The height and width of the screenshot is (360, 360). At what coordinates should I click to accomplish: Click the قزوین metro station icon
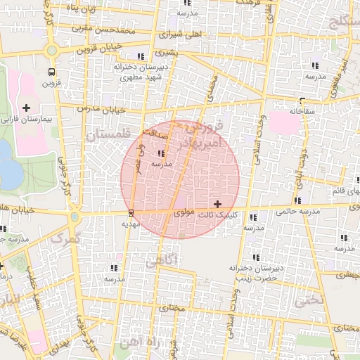[x=51, y=72]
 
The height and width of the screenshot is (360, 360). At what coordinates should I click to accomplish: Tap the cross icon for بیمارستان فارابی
[x=27, y=108]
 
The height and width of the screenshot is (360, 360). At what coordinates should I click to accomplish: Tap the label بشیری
[x=166, y=53]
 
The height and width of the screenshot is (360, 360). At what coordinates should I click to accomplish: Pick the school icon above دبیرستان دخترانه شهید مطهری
[x=141, y=56]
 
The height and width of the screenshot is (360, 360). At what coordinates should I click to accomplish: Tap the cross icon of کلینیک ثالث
[x=217, y=203]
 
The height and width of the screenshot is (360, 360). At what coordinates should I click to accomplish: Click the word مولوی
[x=181, y=212]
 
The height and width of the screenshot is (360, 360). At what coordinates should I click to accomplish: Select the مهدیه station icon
[x=131, y=213]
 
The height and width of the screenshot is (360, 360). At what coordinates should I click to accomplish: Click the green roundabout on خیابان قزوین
[x=51, y=51]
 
